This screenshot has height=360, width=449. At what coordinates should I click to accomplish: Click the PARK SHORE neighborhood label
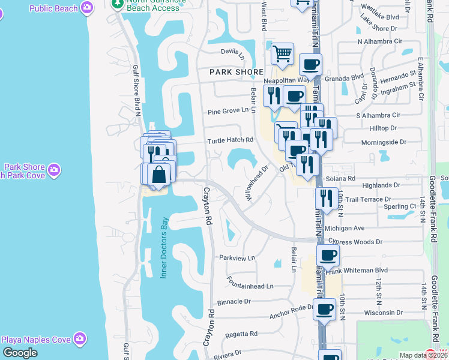237,72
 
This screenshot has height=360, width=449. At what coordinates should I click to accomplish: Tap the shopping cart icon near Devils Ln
282,55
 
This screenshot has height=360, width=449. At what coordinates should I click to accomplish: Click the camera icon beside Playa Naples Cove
79,340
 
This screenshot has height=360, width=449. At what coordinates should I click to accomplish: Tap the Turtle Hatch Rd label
231,140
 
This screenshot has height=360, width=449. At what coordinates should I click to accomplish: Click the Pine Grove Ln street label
228,111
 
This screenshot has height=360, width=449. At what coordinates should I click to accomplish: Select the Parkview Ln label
237,257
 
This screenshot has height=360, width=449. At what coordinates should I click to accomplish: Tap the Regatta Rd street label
241,334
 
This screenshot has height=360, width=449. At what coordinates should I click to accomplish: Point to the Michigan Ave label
345,229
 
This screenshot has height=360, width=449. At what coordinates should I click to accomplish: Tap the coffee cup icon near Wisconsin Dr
324,310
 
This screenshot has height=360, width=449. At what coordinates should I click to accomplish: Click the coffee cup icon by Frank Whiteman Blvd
328,256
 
